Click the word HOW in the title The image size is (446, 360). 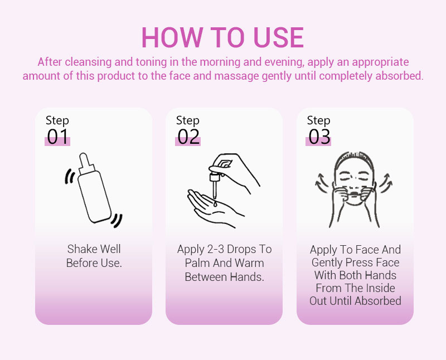click(x=172, y=37)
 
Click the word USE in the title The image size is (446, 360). click(x=278, y=37)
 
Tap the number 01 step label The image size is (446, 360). click(x=58, y=137)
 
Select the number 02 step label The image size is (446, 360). click(x=188, y=137)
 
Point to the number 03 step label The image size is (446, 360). click(x=319, y=137)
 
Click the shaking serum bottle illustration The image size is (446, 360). click(x=94, y=188)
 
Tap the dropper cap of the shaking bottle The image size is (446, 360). click(x=86, y=164)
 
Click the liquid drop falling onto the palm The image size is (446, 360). click(x=215, y=203)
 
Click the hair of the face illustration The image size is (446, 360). click(x=353, y=160)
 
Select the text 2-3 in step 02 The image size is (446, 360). click(x=216, y=250)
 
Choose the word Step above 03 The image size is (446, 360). click(x=318, y=121)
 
